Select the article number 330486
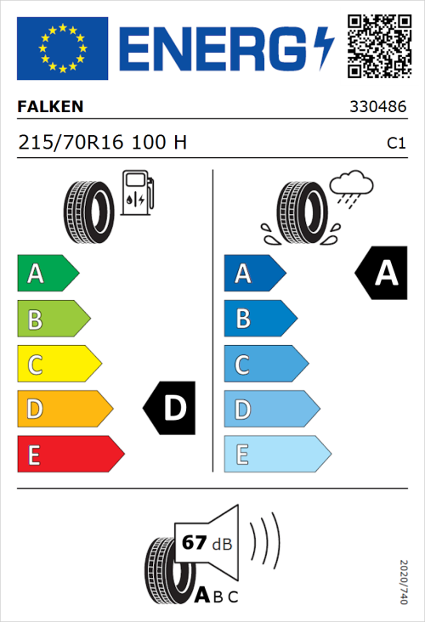tap(377, 109)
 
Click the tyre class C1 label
tap(395, 144)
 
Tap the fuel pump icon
tap(137, 192)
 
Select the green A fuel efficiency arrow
tap(48, 274)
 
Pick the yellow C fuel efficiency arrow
tap(59, 364)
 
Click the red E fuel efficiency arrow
tap(70, 455)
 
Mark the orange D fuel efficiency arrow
tap(65, 410)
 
